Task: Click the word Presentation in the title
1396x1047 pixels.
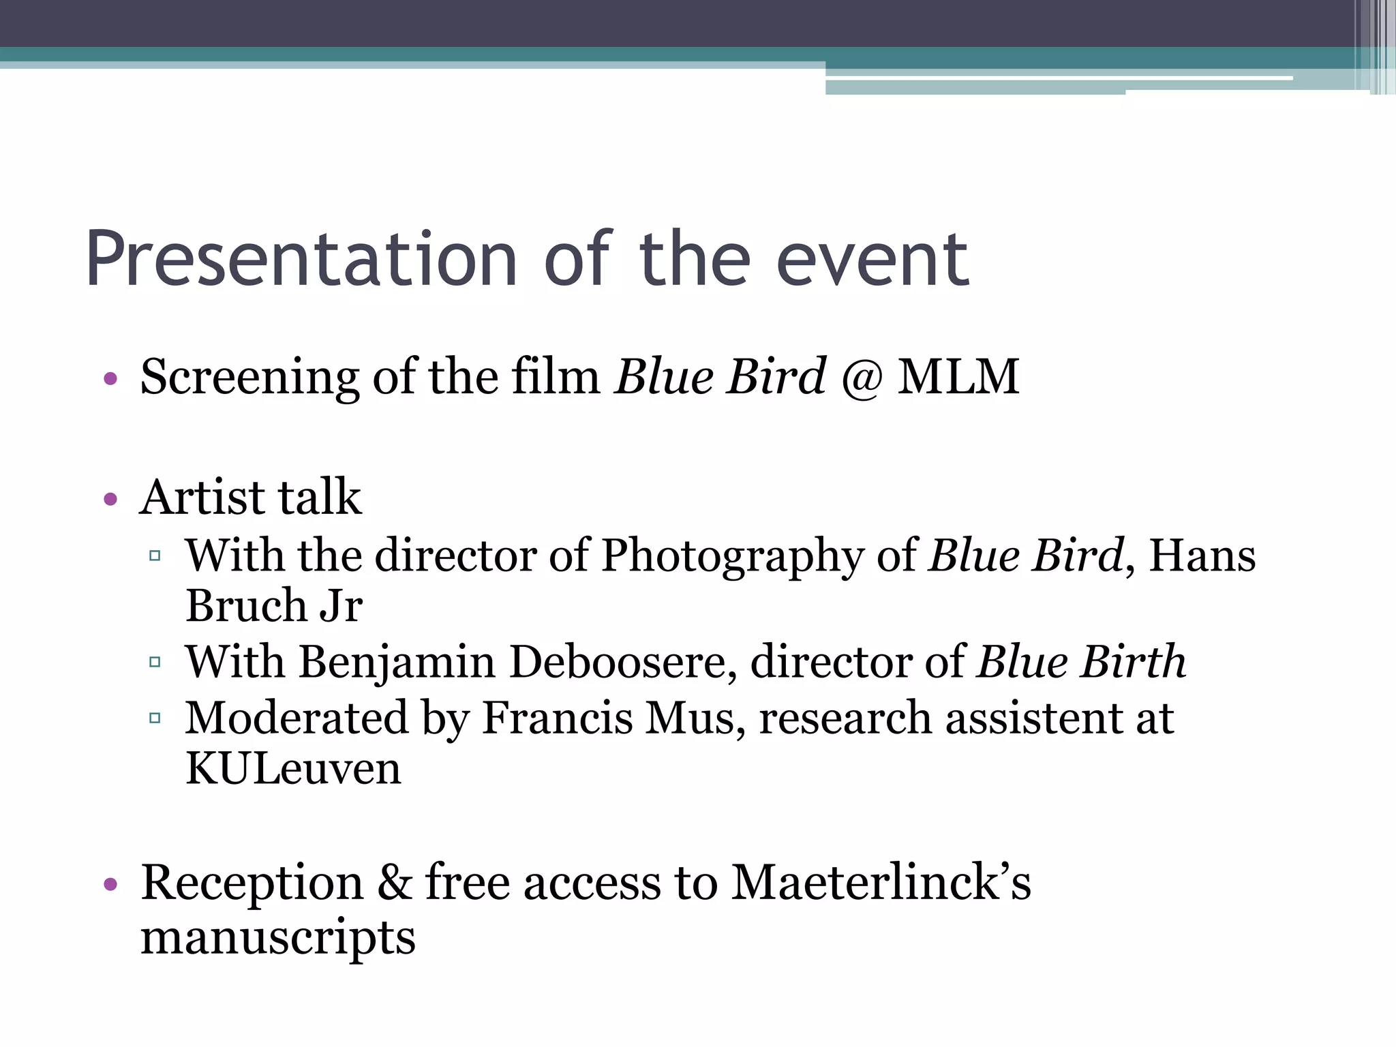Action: tap(301, 260)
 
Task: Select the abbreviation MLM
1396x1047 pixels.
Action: tap(958, 377)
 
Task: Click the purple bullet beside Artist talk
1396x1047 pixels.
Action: tap(110, 500)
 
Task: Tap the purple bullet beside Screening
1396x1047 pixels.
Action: tap(110, 379)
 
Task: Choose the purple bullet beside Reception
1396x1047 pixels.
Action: tap(110, 885)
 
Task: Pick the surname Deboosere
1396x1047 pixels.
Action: tap(622, 663)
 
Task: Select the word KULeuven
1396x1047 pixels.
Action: tap(293, 769)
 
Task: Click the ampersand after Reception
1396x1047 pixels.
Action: tap(395, 883)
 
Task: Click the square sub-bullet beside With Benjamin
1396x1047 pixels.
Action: tap(155, 662)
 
